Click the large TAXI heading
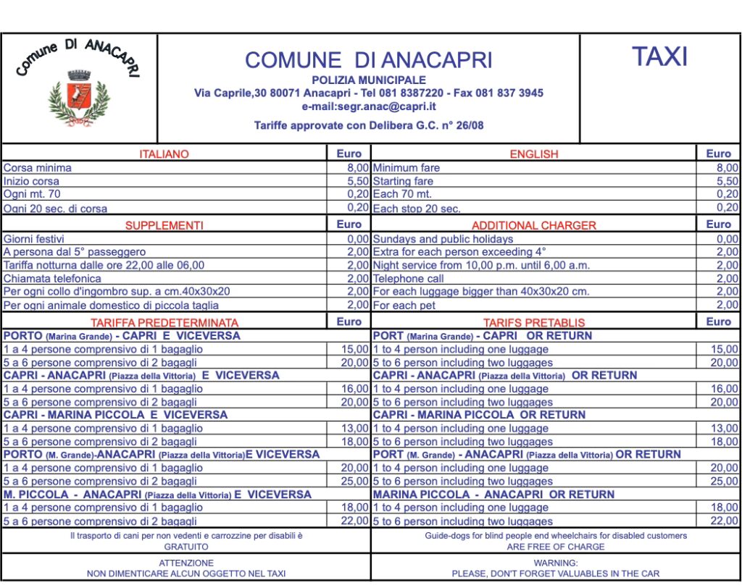click(659, 56)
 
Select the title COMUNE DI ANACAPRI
click(368, 59)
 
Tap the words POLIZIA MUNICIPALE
click(368, 80)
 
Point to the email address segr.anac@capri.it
click(368, 106)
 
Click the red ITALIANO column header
click(164, 154)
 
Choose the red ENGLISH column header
click(534, 154)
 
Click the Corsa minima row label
click(38, 167)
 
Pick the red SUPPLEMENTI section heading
click(164, 225)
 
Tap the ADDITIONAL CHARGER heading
click(534, 225)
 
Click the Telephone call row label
click(409, 278)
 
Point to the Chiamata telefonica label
click(52, 278)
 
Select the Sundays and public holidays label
click(443, 239)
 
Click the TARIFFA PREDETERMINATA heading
click(164, 322)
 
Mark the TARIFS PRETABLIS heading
click(534, 322)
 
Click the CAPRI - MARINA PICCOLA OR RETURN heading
click(479, 415)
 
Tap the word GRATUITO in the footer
click(186, 547)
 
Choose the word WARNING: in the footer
click(556, 562)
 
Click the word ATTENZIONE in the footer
click(186, 562)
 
